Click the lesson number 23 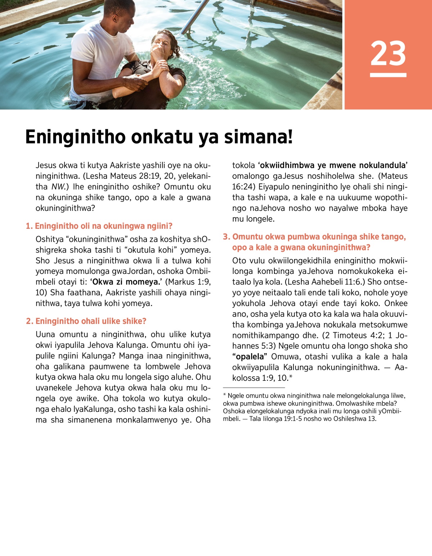pos(388,53)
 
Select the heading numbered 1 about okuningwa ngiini pos(99,226)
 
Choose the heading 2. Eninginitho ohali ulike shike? pos(86,321)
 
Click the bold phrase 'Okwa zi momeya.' pos(125,282)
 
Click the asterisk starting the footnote pos(225,396)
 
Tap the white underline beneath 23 pos(388,75)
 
